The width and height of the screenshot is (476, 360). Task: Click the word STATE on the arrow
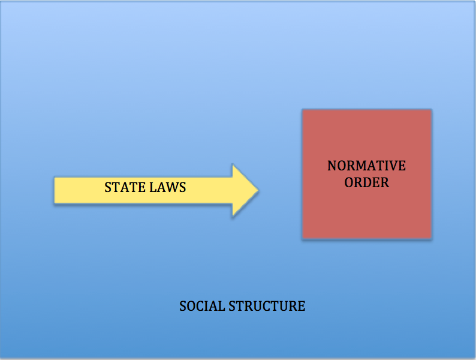click(x=122, y=187)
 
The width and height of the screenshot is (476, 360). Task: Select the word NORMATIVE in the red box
click(x=366, y=166)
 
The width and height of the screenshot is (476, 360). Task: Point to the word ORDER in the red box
click(x=366, y=182)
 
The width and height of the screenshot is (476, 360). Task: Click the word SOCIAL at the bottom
click(x=202, y=306)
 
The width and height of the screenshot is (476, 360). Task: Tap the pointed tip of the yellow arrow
click(x=258, y=191)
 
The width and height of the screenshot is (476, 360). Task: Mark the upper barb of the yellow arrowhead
click(x=233, y=166)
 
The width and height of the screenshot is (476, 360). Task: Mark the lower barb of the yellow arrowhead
click(x=233, y=215)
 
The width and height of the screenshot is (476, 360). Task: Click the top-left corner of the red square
click(x=303, y=110)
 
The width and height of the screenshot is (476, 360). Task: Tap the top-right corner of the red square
click(x=430, y=110)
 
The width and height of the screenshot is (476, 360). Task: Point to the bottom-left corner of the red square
click(x=303, y=238)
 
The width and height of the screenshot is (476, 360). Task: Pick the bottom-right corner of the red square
click(x=430, y=238)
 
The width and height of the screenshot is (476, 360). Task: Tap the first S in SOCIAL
click(x=183, y=306)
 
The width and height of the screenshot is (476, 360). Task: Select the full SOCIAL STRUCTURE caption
click(x=242, y=306)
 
